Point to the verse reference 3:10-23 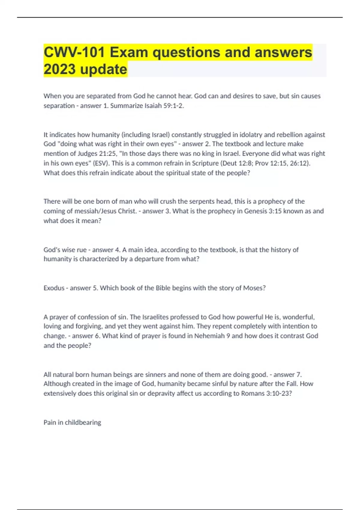279,393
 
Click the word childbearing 83,422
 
